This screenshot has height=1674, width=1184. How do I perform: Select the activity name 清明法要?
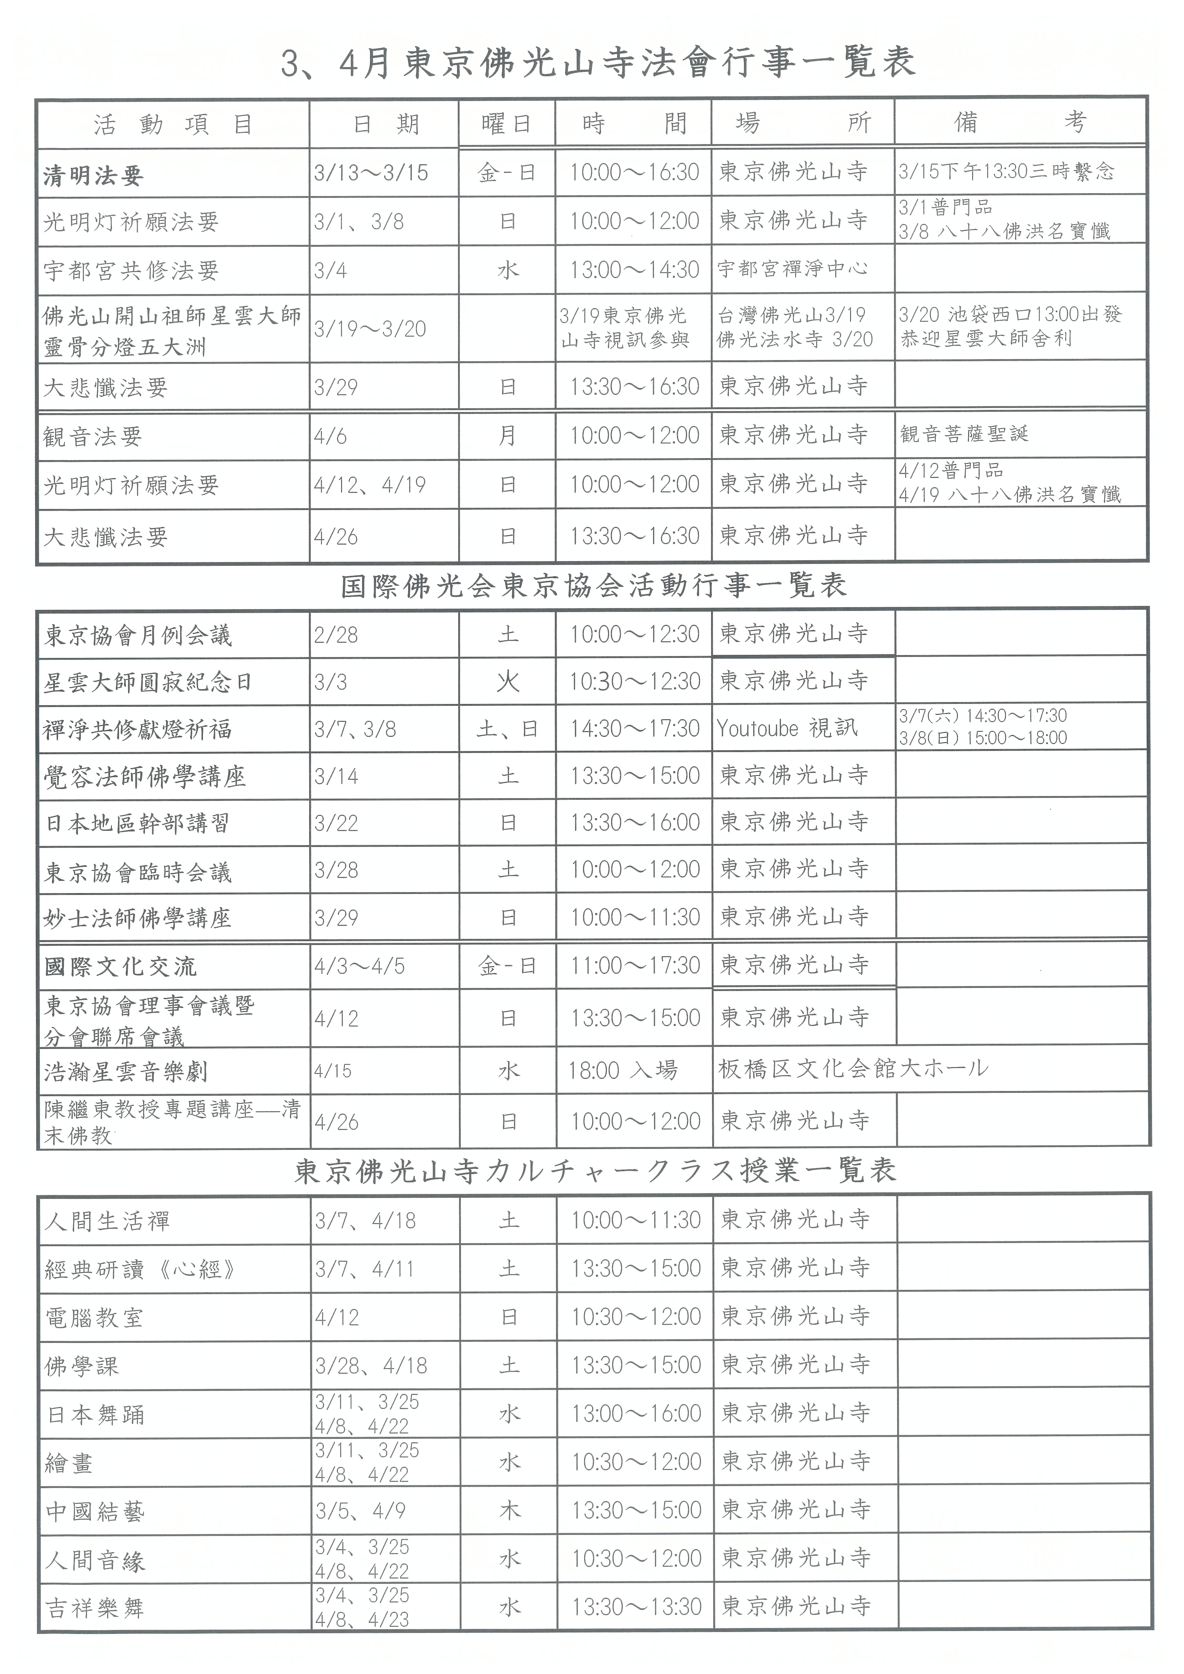click(x=93, y=175)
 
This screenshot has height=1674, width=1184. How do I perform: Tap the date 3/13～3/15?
click(x=371, y=173)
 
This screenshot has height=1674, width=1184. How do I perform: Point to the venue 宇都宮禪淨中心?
click(x=793, y=269)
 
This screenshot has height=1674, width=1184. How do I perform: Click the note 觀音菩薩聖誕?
click(x=964, y=434)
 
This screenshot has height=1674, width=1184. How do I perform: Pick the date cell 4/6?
click(x=330, y=437)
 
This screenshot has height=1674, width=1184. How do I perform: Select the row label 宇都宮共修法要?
click(x=131, y=270)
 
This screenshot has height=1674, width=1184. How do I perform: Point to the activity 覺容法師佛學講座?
click(x=144, y=776)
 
